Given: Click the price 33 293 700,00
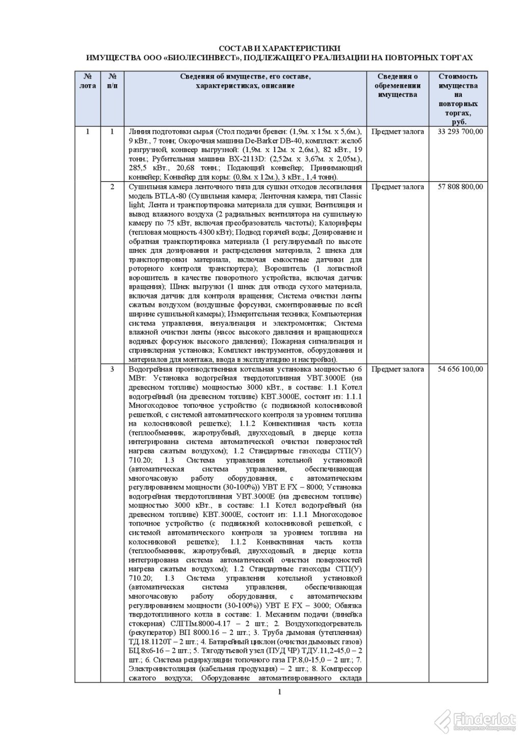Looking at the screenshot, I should click(x=460, y=132).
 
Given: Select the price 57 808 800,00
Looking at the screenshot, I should click(x=460, y=187).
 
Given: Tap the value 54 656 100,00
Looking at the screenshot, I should click(x=460, y=369).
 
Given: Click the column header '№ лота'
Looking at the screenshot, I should click(x=88, y=81).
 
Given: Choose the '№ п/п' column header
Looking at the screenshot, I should click(x=112, y=81).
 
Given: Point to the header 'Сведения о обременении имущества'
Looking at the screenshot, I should click(x=397, y=86).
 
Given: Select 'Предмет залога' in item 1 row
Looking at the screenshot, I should click(x=398, y=132).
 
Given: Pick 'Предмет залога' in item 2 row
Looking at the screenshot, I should click(x=398, y=187).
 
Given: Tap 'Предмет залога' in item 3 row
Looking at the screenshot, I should click(x=398, y=369).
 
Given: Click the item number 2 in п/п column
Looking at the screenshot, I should click(x=112, y=187).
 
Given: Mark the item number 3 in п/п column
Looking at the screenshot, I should click(x=112, y=369).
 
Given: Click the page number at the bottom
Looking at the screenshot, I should click(x=279, y=692).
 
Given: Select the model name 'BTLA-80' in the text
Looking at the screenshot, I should click(x=166, y=196).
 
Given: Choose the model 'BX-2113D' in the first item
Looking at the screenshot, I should click(x=230, y=159).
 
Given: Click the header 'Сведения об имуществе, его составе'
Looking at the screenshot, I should click(x=246, y=77).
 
